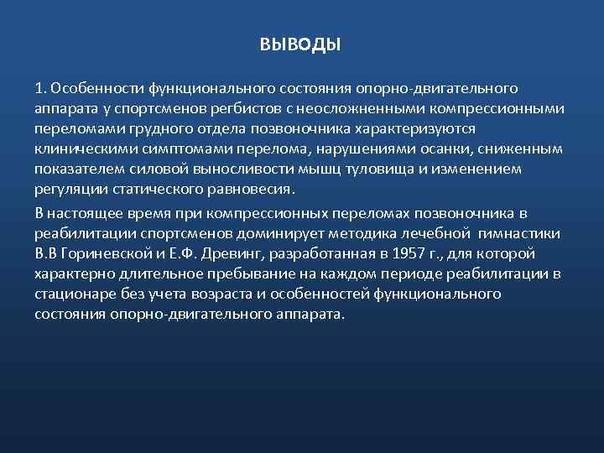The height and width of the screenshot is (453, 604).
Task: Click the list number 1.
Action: coord(40,87)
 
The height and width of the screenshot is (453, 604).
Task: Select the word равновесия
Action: coord(255,189)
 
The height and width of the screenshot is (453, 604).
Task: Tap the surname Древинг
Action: coord(244,253)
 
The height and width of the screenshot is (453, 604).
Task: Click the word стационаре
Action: coord(76,294)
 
